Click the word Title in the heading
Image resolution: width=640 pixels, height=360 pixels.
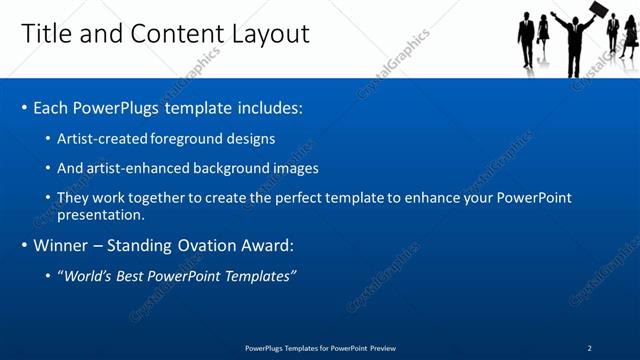[45, 34]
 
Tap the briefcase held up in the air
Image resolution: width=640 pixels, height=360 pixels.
[598, 11]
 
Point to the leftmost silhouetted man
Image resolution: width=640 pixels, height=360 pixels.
[526, 40]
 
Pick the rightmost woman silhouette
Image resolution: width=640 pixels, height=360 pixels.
[629, 38]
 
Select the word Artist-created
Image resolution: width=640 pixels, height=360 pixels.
[95, 139]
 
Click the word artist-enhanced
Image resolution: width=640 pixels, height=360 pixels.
[133, 168]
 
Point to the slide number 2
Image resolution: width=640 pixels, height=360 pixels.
[589, 348]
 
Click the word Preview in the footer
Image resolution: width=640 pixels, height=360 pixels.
[382, 348]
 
